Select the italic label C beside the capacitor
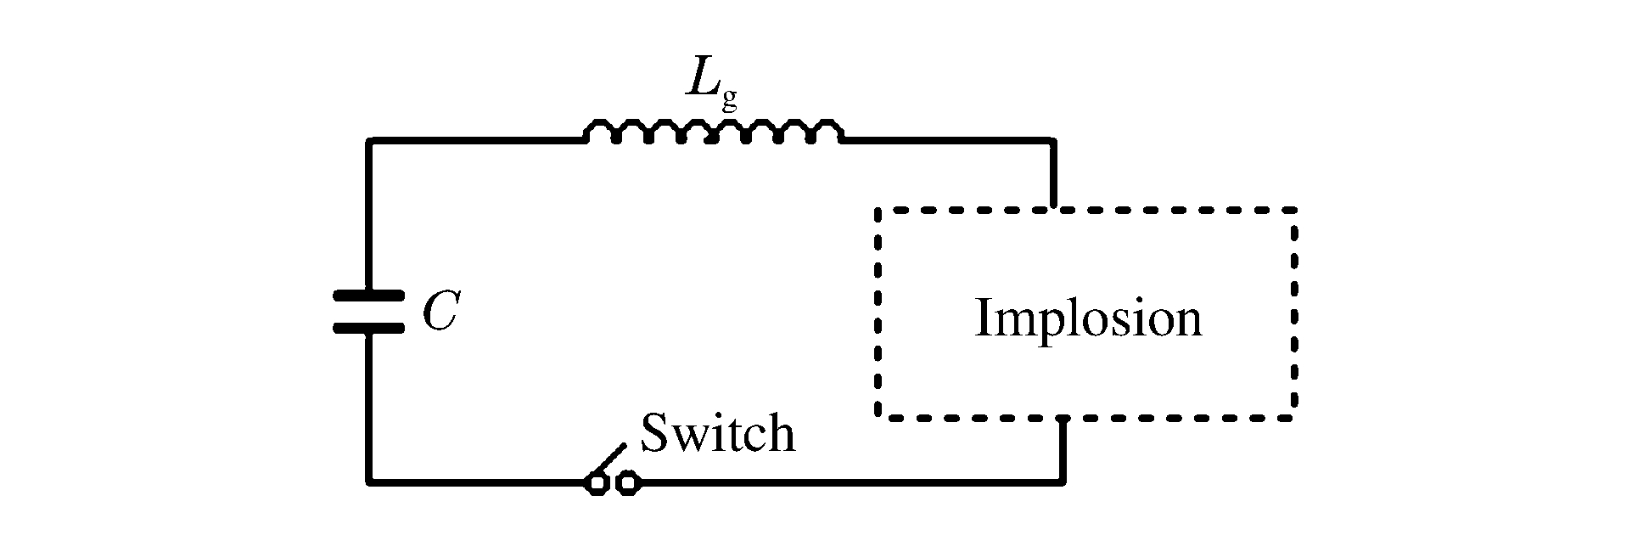[x=440, y=313]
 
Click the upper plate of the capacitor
[x=368, y=296]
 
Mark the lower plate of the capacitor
[x=368, y=328]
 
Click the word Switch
[x=718, y=433]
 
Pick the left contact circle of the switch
[x=597, y=484]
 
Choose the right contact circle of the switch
[x=628, y=484]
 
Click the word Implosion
[x=1088, y=318]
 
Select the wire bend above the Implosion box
[x=1053, y=141]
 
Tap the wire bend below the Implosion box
[x=1063, y=482]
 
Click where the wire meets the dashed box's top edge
[x=1053, y=208]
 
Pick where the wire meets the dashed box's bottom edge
[x=1063, y=418]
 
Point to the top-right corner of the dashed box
[x=1294, y=209]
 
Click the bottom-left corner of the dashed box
[x=879, y=416]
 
